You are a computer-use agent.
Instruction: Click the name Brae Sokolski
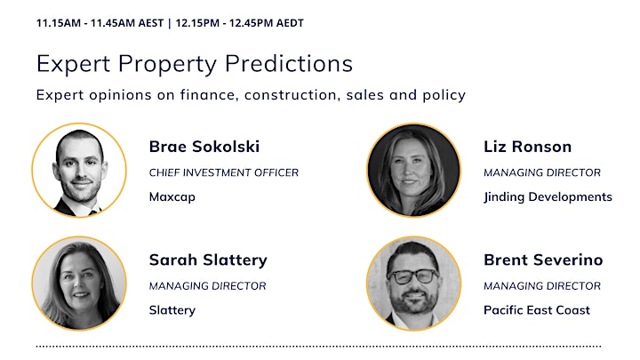click(x=204, y=147)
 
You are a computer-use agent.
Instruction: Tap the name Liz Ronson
click(x=527, y=147)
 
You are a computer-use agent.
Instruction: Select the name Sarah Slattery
click(x=208, y=260)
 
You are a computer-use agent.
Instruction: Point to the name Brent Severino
click(x=543, y=260)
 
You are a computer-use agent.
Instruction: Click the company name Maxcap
click(x=172, y=196)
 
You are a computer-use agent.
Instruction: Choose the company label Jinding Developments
click(x=548, y=196)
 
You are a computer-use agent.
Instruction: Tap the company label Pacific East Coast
click(x=537, y=310)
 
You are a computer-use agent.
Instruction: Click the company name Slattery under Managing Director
click(x=172, y=310)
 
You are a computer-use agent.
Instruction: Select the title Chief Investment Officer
click(x=224, y=172)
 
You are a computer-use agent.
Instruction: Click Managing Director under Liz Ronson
click(x=542, y=172)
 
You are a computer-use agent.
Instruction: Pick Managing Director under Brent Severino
click(x=542, y=285)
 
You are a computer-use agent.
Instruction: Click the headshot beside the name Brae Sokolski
click(x=79, y=170)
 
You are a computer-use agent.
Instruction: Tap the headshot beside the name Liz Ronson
click(x=414, y=170)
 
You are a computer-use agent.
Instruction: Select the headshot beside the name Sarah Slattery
click(x=79, y=284)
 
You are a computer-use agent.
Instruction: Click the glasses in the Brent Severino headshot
click(x=413, y=276)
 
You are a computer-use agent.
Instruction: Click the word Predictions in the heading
click(x=289, y=64)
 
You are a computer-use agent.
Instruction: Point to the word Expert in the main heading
click(x=74, y=65)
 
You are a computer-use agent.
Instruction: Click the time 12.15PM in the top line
click(x=197, y=23)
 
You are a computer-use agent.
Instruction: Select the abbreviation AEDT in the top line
click(x=290, y=23)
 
